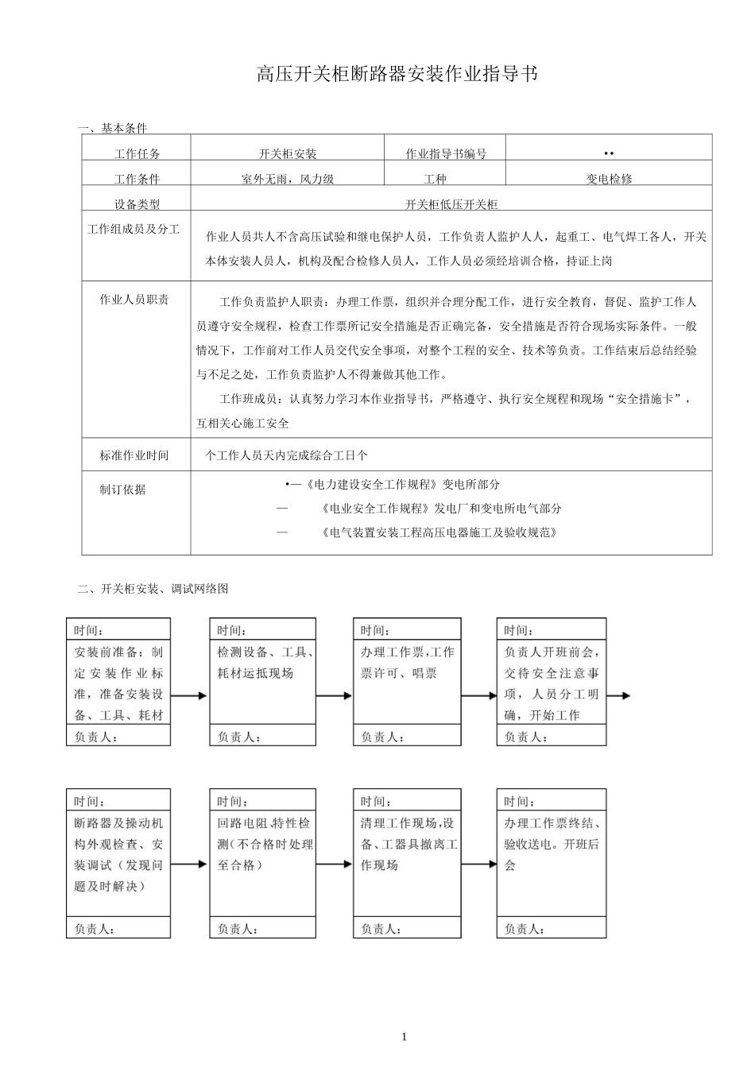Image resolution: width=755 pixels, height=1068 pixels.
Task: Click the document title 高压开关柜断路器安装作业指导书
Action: (397, 75)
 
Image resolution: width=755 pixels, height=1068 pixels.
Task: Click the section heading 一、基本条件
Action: (112, 128)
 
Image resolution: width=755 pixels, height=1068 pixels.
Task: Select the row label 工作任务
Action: (137, 153)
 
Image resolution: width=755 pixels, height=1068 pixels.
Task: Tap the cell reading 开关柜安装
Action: (287, 153)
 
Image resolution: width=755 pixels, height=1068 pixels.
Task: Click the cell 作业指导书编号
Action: (446, 153)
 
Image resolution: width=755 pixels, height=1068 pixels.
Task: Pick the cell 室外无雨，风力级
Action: (287, 179)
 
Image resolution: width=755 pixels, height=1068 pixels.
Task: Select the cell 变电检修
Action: (609, 179)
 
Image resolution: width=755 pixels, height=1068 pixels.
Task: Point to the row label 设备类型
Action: (137, 204)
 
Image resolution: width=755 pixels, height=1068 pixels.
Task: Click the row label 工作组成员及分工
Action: (134, 229)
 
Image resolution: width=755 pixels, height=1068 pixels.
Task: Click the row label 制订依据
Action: (122, 489)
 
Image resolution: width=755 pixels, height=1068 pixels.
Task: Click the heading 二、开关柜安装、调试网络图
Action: (153, 589)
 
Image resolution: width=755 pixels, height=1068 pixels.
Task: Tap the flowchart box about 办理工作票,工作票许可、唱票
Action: (407, 663)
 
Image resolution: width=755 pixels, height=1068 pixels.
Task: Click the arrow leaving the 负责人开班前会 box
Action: (618, 695)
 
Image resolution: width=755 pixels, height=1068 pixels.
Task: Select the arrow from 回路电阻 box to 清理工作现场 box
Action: (335, 864)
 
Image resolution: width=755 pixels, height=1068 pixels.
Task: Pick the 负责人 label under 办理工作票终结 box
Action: (524, 928)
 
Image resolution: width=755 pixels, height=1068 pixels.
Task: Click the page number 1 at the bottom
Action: (405, 1036)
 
